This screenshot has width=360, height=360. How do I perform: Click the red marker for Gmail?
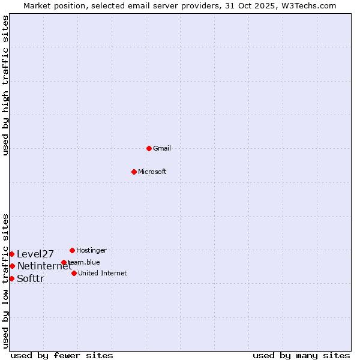(149, 148)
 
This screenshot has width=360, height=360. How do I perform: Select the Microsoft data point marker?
(134, 172)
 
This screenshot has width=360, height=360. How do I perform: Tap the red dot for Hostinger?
(72, 250)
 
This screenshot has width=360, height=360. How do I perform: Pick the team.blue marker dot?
(64, 262)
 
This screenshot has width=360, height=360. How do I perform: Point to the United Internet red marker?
(74, 273)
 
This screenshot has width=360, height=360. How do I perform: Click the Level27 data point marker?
(11, 254)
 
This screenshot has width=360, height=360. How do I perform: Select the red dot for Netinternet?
(12, 266)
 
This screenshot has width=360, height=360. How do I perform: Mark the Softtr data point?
(11, 278)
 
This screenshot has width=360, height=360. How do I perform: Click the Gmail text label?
(162, 149)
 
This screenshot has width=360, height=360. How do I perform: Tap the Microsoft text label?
(152, 172)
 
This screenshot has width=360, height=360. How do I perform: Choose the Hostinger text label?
(91, 250)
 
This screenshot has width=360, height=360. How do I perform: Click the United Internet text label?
(103, 274)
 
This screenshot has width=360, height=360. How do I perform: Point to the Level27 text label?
(35, 254)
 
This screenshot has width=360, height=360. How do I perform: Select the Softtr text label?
(31, 279)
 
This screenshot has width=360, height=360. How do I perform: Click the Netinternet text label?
(44, 266)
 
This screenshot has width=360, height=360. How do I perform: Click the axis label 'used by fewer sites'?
(62, 356)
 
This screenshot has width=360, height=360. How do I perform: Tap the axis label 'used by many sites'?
(301, 356)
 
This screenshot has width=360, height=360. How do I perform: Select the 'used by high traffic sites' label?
(5, 85)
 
